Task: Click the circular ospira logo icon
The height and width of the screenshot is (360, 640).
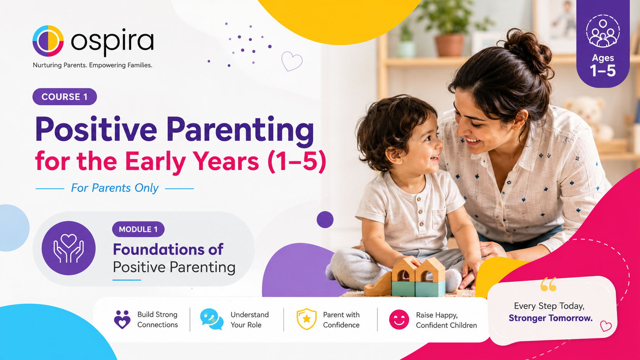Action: click(48, 41)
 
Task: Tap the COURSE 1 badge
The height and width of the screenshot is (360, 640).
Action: click(65, 96)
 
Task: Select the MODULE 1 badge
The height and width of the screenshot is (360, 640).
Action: click(138, 229)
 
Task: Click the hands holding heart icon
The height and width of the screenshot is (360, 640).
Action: click(69, 248)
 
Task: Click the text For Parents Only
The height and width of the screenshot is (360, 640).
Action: click(114, 188)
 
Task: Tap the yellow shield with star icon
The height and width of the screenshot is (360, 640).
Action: click(307, 319)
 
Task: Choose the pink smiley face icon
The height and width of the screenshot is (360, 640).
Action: click(399, 319)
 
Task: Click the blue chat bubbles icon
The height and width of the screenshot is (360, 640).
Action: click(212, 319)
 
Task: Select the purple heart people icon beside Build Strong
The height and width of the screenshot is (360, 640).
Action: click(122, 319)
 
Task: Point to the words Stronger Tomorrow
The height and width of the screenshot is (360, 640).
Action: click(550, 318)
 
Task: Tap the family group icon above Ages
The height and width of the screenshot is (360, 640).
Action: click(603, 31)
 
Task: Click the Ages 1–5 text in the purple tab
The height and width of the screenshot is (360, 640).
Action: click(603, 66)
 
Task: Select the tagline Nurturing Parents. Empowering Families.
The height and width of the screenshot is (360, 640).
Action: click(93, 65)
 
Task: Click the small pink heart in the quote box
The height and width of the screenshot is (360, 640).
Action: click(606, 326)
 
